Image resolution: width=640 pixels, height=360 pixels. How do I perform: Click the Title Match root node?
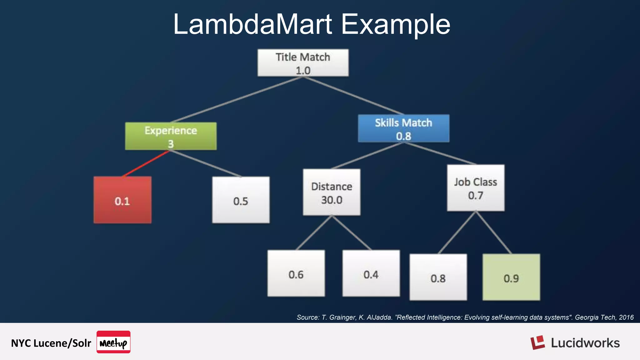point(303,63)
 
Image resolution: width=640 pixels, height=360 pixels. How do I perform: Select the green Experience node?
point(171,136)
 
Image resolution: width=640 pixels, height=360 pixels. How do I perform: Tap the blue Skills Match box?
point(403,128)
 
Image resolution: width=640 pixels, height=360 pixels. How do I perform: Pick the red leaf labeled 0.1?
point(122,200)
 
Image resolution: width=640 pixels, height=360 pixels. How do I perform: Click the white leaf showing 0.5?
point(241,200)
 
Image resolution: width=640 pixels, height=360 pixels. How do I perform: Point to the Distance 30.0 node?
point(332,192)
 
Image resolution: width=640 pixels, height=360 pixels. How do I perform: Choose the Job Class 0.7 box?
point(475,188)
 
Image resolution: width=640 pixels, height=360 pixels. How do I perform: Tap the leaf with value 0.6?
point(296,273)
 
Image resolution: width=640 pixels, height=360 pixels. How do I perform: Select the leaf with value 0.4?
point(371,273)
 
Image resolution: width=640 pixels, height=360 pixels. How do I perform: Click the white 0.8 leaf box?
point(438,277)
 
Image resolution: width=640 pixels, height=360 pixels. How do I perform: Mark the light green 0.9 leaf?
point(511,277)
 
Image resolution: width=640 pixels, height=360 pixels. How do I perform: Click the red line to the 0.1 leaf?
point(146,164)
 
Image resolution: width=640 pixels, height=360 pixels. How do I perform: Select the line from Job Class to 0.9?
point(494,233)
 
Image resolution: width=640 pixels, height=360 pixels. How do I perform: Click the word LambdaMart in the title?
point(252,24)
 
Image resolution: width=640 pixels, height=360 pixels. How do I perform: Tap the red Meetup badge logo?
point(113,342)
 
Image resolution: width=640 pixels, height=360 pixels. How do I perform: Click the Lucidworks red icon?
point(537,343)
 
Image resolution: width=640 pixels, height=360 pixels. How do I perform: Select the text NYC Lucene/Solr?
point(51,343)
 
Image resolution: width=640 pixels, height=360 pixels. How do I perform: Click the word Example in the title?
point(395,24)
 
